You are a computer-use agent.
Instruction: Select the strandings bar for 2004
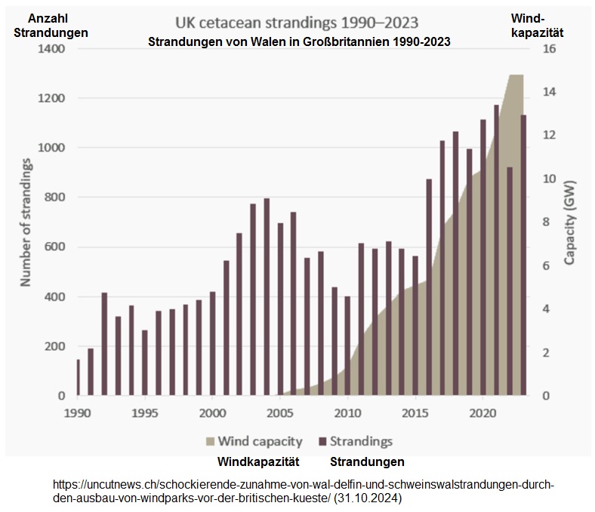click(267, 297)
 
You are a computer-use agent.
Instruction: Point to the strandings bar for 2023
click(523, 255)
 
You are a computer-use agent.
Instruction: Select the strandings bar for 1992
click(104, 344)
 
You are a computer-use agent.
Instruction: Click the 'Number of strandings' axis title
click(26, 222)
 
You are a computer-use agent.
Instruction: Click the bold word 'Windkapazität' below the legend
click(259, 461)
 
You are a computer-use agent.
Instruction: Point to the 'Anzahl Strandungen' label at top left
click(51, 26)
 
